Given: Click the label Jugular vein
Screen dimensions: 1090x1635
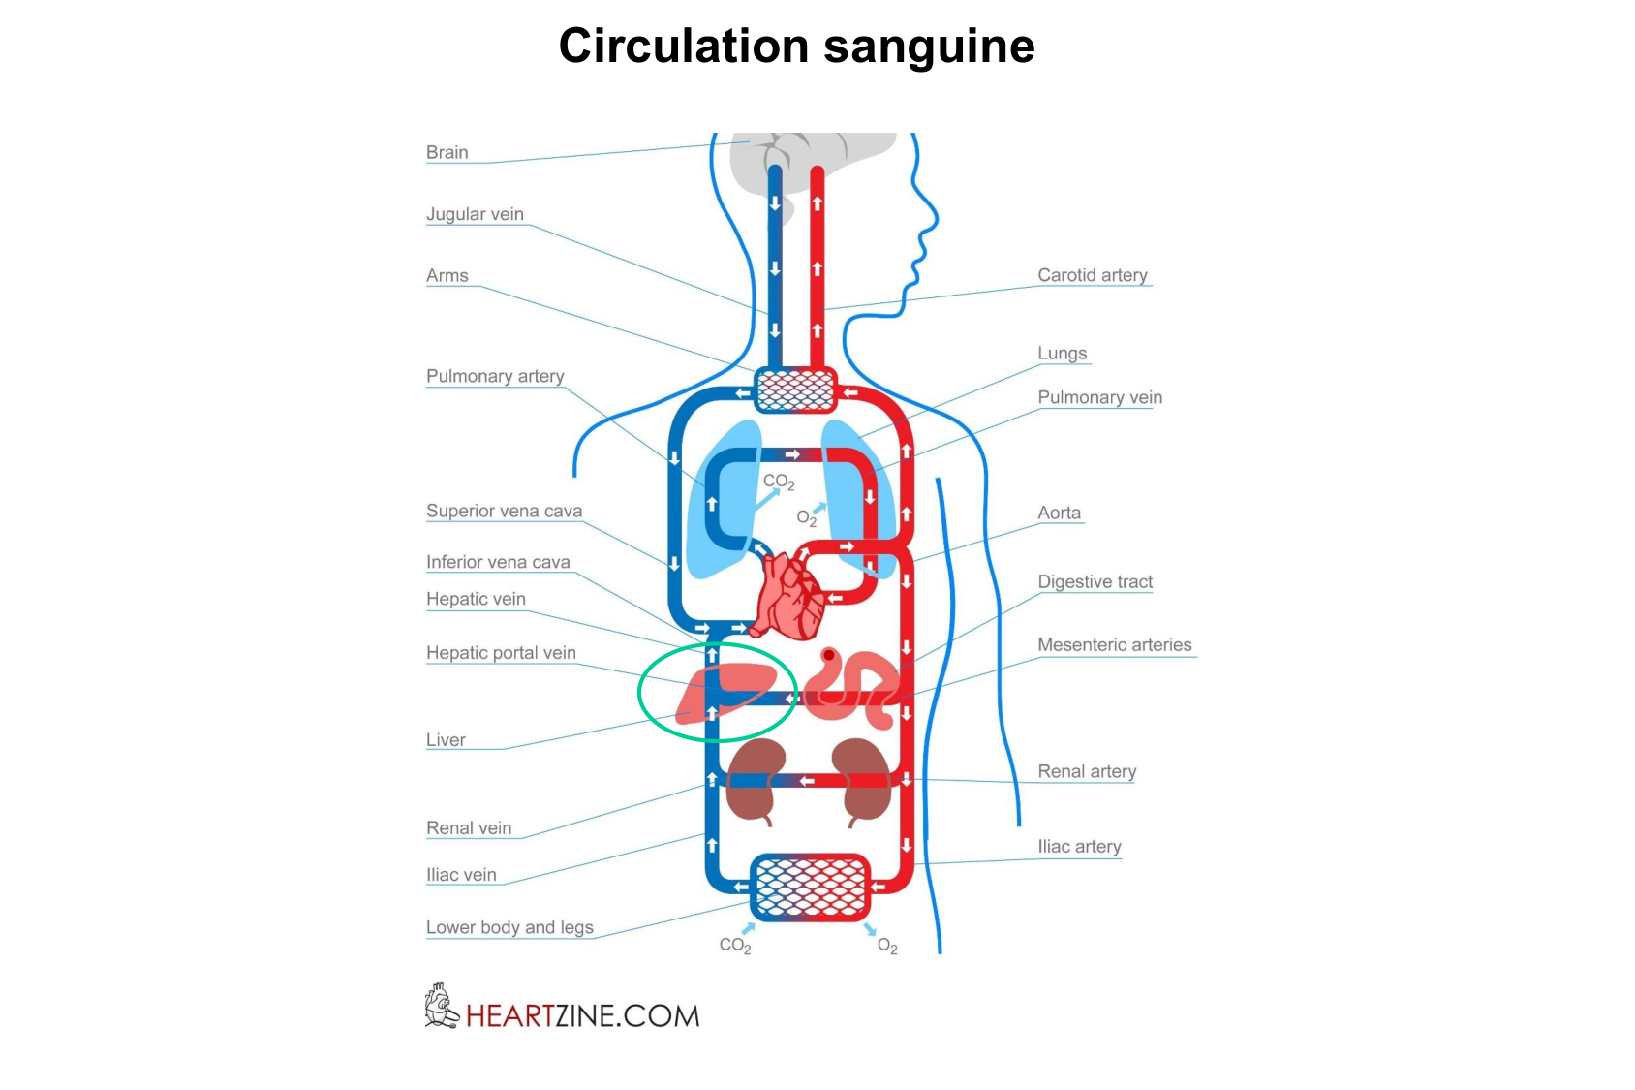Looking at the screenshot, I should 475,214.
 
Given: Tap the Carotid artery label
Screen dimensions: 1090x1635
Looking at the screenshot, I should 1092,275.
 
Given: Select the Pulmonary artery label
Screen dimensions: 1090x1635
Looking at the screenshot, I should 495,376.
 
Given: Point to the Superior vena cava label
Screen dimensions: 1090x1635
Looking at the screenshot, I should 504,511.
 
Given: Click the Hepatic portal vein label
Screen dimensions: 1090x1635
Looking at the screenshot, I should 501,653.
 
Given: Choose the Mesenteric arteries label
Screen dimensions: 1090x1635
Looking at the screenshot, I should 1114,645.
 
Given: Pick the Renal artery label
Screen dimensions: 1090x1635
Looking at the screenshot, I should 1087,771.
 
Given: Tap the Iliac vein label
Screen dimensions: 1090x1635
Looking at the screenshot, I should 461,875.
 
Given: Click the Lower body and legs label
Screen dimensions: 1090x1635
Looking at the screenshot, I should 509,927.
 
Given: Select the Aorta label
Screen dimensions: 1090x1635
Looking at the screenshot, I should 1059,513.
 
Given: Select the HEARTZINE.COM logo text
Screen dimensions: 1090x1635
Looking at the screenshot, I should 581,1015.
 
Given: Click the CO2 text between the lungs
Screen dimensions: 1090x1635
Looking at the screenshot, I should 778,482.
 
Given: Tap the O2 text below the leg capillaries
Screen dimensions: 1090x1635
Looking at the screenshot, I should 887,946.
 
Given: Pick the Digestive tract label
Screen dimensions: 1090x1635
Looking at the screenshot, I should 1095,581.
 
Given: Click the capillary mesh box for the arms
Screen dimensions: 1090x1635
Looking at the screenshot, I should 794,390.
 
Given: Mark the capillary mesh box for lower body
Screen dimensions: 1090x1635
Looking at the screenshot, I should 810,886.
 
